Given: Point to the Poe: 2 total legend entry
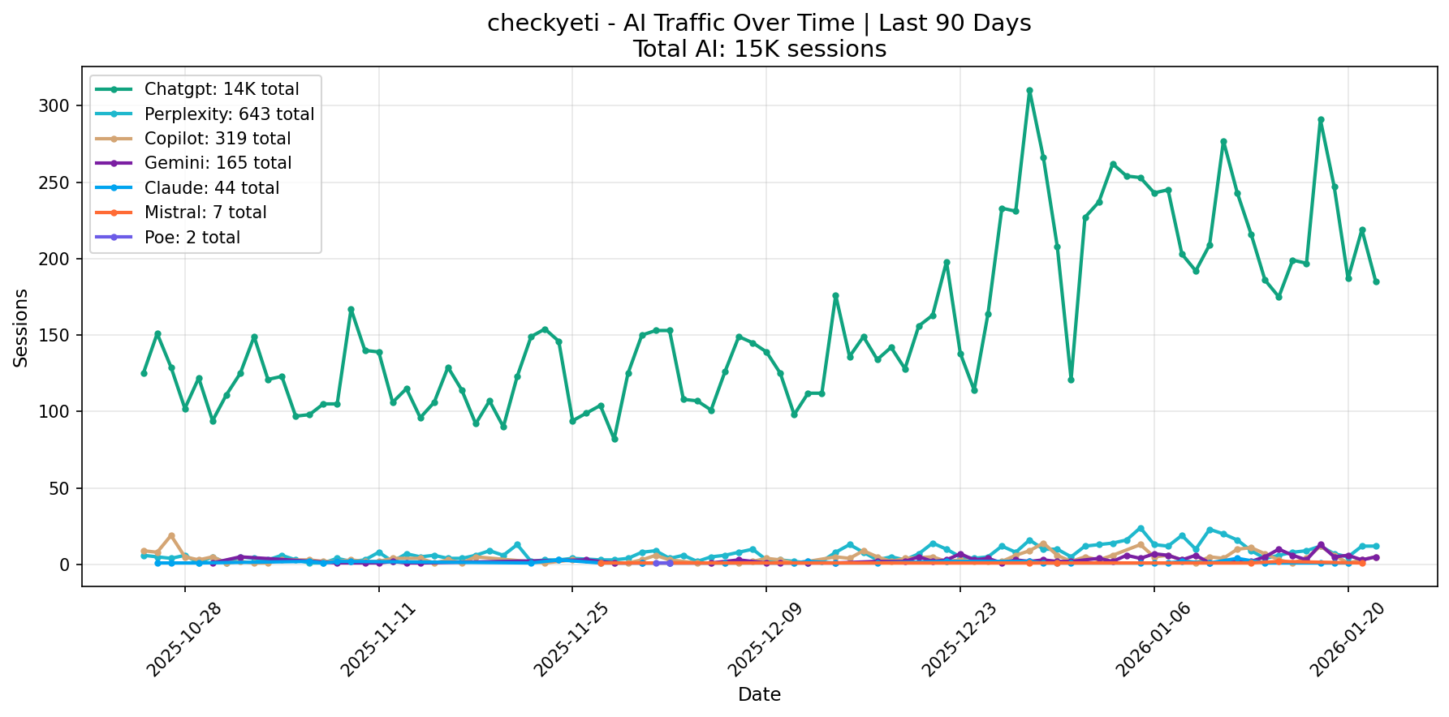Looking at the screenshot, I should pyautogui.click(x=192, y=238).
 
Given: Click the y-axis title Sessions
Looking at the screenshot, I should pyautogui.click(x=21, y=328).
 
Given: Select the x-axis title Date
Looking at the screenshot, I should pyautogui.click(x=759, y=695).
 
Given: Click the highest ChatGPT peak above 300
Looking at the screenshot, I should pyautogui.click(x=1029, y=91).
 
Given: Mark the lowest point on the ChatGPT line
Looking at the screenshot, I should pyautogui.click(x=615, y=439).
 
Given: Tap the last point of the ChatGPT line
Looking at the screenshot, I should pyautogui.click(x=1376, y=281).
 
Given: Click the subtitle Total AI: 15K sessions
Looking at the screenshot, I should pyautogui.click(x=759, y=49).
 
